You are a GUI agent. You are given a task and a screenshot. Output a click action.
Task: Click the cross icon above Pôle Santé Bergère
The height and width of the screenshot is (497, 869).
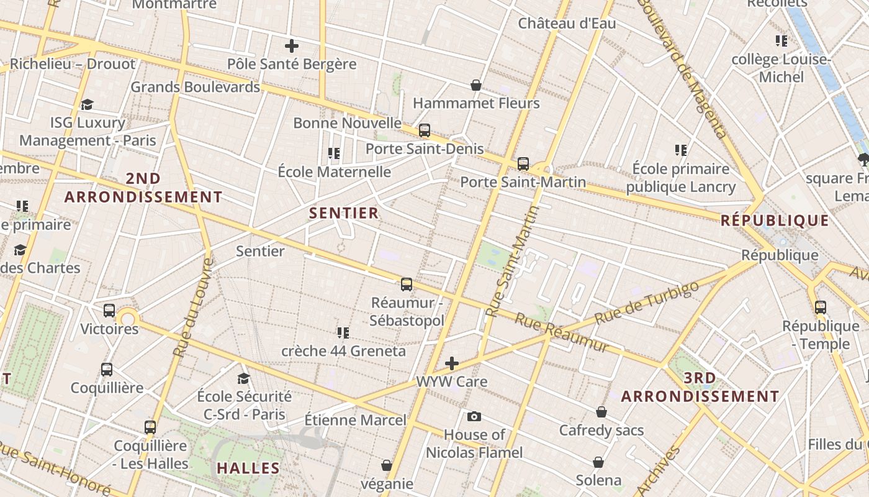click(292, 46)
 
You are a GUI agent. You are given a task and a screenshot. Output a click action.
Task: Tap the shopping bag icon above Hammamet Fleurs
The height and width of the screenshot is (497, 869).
click(476, 85)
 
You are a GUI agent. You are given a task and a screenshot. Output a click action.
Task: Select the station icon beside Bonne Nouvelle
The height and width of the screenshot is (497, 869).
click(425, 130)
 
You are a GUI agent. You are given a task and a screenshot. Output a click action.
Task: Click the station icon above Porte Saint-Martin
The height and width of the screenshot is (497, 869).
click(523, 164)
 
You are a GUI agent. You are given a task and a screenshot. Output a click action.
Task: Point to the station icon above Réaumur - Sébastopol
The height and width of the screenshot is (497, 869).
click(407, 285)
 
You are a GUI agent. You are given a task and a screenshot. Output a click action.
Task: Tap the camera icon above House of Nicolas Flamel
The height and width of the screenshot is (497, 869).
click(474, 416)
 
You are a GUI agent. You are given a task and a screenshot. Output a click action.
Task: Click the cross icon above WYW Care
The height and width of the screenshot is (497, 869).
click(452, 363)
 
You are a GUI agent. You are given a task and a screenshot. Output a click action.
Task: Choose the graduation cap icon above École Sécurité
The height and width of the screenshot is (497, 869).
click(244, 378)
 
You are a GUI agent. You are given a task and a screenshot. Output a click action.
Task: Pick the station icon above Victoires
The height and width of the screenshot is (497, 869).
click(109, 310)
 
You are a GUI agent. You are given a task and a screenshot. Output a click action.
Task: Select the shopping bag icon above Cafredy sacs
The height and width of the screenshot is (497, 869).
click(601, 412)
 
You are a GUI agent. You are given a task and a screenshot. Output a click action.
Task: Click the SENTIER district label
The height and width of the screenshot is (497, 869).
click(344, 213)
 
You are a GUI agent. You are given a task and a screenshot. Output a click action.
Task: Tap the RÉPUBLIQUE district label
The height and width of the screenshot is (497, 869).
click(775, 221)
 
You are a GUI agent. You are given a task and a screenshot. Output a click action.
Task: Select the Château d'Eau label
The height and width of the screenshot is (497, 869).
click(567, 24)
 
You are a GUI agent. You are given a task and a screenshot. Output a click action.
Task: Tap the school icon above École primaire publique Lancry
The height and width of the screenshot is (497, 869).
click(681, 150)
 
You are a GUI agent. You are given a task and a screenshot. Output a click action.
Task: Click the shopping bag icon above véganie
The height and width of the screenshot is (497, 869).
click(387, 465)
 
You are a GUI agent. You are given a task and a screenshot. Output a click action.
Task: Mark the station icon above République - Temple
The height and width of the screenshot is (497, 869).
click(821, 307)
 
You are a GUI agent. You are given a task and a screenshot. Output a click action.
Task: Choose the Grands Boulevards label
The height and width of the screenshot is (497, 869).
click(195, 87)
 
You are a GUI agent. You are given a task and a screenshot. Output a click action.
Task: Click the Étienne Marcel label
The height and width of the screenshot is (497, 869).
click(355, 420)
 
